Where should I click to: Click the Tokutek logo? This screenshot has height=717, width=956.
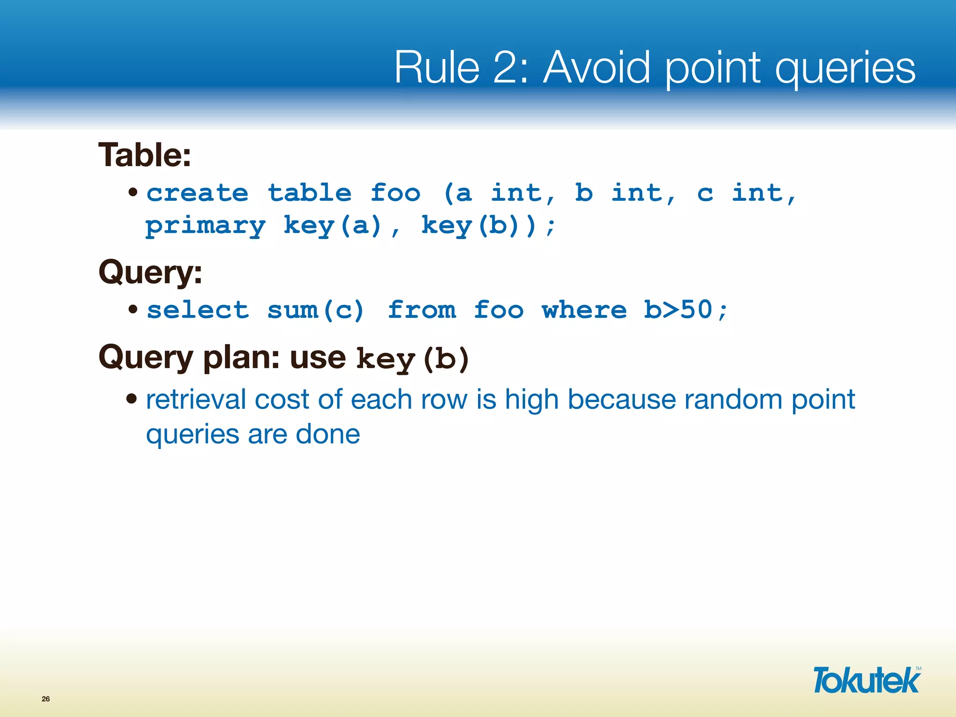866,681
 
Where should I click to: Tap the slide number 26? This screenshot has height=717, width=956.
46,699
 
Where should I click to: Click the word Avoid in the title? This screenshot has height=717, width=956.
597,68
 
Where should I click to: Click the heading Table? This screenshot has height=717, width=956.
145,155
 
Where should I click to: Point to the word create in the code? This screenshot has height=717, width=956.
197,194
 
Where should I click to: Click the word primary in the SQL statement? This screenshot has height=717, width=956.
205,227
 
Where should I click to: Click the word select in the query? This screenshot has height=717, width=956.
197,310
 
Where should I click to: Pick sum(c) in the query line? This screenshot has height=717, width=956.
316,310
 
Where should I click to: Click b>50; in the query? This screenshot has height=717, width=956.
685,310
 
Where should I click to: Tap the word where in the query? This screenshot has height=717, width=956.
584,310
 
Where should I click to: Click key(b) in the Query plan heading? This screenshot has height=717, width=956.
412,359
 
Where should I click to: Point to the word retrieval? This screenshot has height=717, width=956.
196,400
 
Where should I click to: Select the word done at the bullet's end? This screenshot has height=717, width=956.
328,435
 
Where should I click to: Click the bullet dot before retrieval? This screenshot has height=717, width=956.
132,399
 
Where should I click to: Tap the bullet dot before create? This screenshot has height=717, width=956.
133,192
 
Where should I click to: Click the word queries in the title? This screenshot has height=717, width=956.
845,68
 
